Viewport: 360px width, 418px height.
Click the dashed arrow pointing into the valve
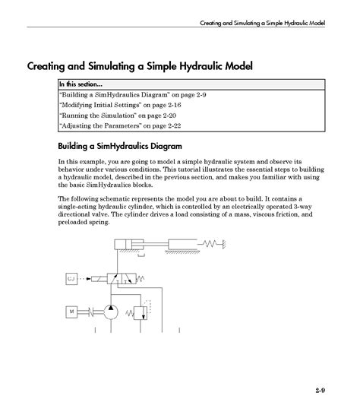[x=95, y=279]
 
